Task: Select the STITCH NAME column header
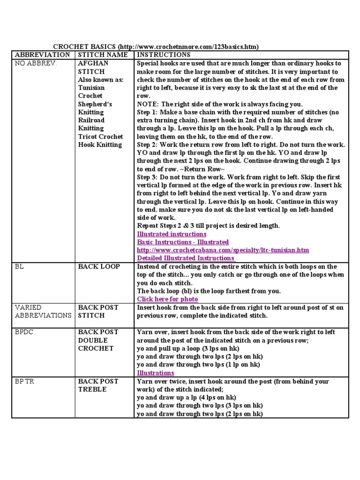coord(102,55)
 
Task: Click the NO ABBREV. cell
coord(36,63)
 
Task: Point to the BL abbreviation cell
coord(19,266)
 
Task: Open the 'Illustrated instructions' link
coord(172,234)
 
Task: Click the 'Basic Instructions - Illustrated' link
coord(183,242)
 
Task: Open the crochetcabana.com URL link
coord(223,250)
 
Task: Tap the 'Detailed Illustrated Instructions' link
coord(186,258)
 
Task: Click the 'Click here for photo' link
coord(167,299)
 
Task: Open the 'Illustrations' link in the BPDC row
coord(155,373)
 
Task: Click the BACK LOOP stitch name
coord(99,266)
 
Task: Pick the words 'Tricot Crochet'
coord(100,136)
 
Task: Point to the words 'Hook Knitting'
coord(100,144)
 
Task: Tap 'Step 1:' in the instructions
coord(148,112)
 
